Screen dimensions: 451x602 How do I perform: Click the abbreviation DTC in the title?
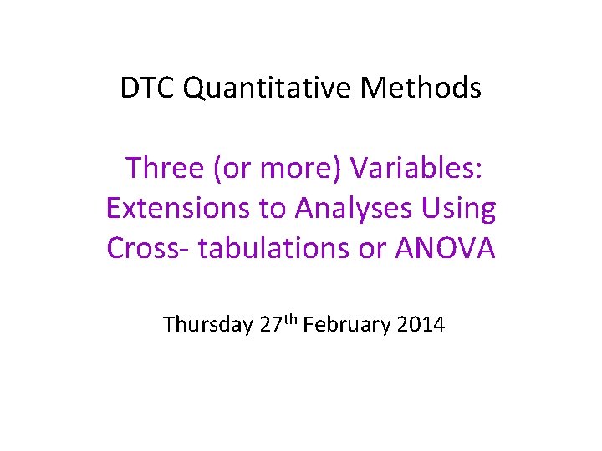click(x=147, y=88)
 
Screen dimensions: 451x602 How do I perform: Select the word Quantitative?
click(x=255, y=88)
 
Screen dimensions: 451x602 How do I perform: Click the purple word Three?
click(x=165, y=169)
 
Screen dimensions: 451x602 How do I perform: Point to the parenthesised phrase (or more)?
click(x=278, y=169)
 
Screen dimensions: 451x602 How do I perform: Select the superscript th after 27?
click(x=292, y=317)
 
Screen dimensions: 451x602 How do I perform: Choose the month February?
click(x=345, y=324)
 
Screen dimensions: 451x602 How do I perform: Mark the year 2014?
click(x=419, y=324)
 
